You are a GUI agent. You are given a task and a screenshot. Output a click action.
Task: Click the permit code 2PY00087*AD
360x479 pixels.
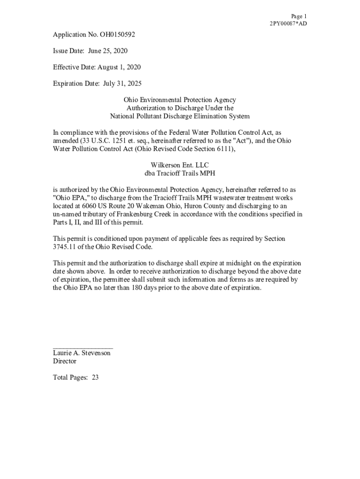(x=288, y=24)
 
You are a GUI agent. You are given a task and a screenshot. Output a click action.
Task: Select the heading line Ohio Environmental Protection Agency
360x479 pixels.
(x=180, y=100)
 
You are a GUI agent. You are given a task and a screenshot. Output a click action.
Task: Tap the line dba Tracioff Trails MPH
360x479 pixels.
(x=180, y=174)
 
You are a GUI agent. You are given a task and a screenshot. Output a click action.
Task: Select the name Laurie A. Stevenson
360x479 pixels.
(x=82, y=353)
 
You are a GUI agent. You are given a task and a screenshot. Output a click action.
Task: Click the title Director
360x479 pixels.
(x=65, y=362)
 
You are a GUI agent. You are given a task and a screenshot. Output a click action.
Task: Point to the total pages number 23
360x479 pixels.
(x=95, y=378)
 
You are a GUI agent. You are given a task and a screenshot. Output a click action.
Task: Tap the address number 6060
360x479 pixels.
(x=88, y=206)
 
